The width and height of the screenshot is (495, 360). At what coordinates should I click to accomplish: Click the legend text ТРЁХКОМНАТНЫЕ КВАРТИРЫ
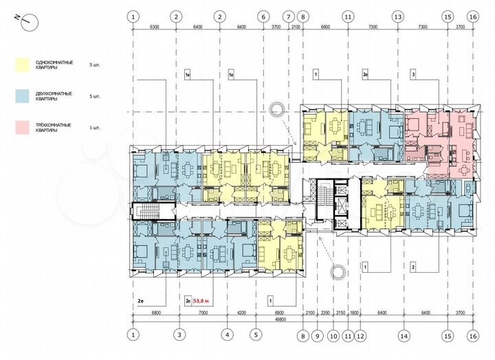[x=56, y=127]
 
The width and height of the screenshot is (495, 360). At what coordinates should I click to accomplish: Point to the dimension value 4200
[x=241, y=313]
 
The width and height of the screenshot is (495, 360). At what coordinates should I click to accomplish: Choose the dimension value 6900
[x=278, y=313]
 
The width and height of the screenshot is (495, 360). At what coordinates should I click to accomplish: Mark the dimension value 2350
[x=324, y=313]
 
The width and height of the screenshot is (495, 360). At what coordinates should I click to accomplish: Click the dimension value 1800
[x=355, y=313]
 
